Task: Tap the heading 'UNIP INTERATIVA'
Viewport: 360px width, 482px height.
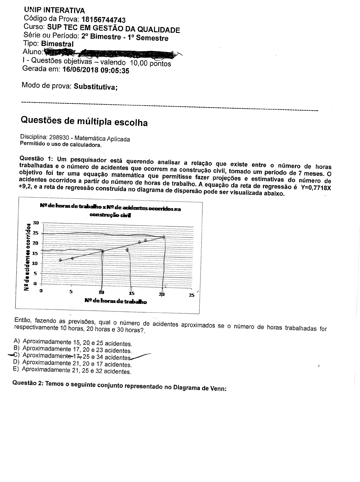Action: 54,10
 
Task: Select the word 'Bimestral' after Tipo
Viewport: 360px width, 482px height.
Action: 57,44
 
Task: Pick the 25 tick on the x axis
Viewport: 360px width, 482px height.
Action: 191,295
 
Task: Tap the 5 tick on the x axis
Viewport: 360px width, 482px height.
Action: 71,291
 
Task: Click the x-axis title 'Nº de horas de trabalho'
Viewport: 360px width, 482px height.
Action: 116,301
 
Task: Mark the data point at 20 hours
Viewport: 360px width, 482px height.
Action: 164,236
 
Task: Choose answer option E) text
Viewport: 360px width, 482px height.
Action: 77,371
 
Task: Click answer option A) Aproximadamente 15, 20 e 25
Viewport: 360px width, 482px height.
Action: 77,343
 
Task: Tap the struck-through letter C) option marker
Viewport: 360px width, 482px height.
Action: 16,355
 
